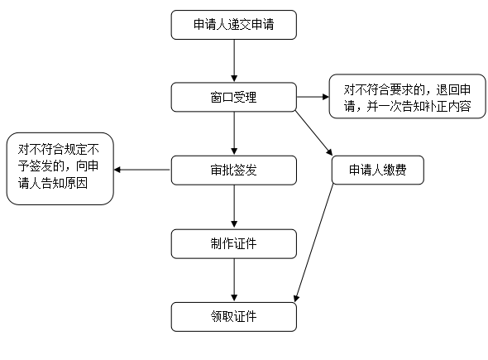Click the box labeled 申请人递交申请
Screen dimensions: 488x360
[x=234, y=25]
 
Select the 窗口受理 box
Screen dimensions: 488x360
[x=234, y=97]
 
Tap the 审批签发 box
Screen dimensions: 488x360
[x=234, y=170]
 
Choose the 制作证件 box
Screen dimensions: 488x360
[x=234, y=244]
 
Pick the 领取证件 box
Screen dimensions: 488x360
[x=234, y=317]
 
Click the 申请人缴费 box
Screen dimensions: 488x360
[x=378, y=170]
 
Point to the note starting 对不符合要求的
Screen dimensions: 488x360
[x=408, y=96]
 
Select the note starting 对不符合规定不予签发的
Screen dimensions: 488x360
[x=60, y=169]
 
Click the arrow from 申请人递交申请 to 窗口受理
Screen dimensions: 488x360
[x=234, y=61]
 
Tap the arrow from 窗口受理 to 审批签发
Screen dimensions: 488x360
[x=234, y=133]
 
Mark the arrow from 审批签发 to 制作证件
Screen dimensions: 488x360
[x=234, y=207]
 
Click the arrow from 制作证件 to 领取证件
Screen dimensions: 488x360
[x=234, y=281]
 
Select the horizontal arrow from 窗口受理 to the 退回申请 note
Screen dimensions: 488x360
[x=313, y=97]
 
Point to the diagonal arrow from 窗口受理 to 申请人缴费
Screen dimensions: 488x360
[x=313, y=133]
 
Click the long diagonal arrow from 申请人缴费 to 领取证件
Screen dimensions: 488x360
[x=313, y=243]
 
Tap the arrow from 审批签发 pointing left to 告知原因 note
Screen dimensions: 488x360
[x=142, y=170]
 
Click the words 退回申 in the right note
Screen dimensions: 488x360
[x=453, y=89]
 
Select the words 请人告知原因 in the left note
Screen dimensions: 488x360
[x=53, y=183]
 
